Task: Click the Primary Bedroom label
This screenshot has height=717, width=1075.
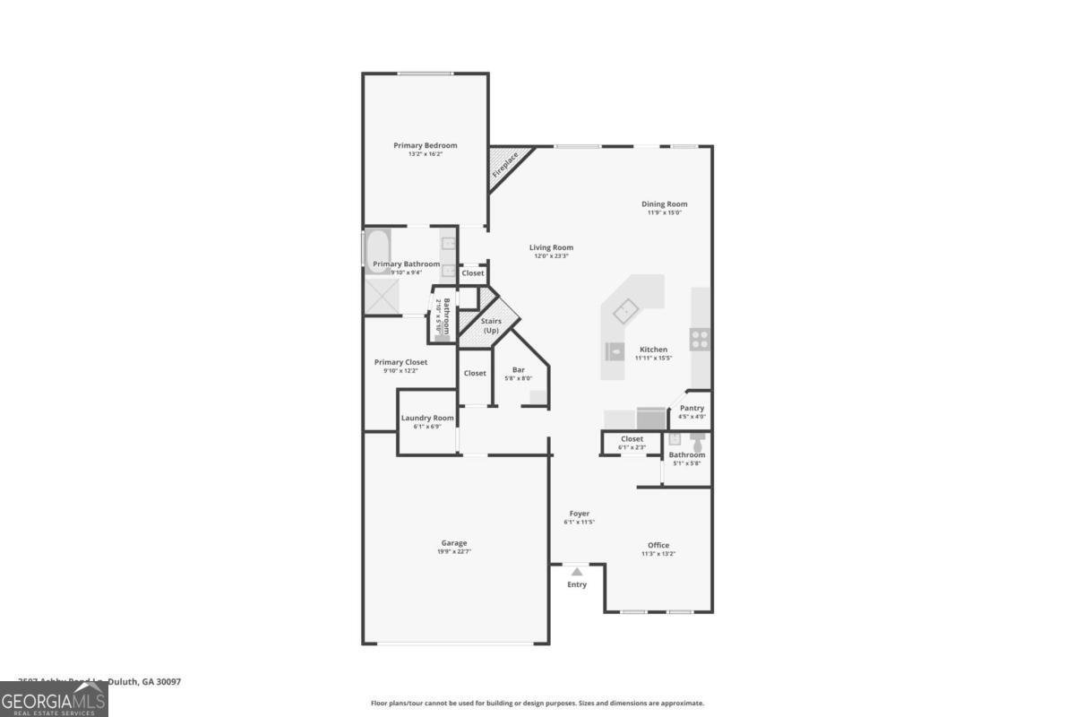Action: (426, 145)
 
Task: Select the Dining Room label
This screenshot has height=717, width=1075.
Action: (664, 204)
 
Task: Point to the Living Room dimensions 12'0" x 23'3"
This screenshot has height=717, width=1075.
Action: (551, 256)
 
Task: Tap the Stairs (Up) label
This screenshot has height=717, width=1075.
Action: (491, 325)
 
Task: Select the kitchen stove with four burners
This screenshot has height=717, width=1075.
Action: (701, 339)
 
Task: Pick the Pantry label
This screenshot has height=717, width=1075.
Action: (692, 408)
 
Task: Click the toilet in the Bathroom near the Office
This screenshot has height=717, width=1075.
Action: (697, 439)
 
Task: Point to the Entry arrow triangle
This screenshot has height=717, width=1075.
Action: (577, 572)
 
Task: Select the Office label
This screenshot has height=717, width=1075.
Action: (658, 545)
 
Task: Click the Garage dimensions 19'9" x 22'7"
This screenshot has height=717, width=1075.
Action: (454, 551)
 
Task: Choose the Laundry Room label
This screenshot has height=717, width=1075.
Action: (427, 418)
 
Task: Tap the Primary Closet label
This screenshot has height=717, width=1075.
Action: (400, 362)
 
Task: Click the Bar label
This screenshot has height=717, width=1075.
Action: (518, 369)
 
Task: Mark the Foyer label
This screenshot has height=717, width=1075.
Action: (579, 514)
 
